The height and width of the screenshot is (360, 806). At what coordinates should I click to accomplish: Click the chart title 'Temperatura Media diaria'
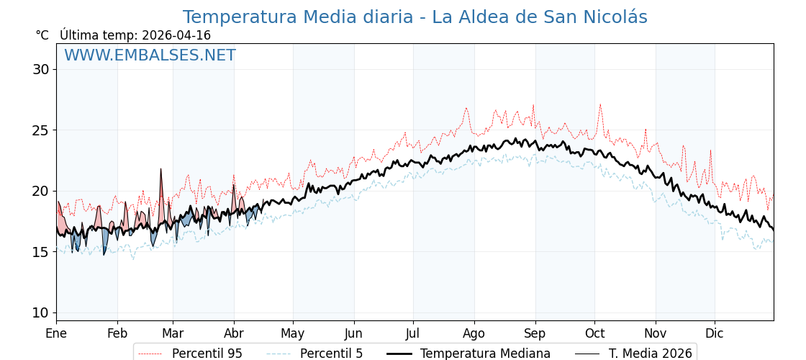[x=415, y=17]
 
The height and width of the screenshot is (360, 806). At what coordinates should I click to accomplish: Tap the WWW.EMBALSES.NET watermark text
[x=150, y=55]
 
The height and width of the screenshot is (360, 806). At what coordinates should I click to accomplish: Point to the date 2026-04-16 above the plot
[x=176, y=35]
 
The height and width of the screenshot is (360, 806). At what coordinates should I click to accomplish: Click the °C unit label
[x=42, y=35]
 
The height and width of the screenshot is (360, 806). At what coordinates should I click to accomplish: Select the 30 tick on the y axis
[x=40, y=70]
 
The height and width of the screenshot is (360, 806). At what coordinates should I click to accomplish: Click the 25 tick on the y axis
[x=40, y=130]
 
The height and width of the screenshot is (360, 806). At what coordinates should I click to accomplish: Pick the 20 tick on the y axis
[x=40, y=191]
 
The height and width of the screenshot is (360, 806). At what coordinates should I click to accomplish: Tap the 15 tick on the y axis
[x=40, y=252]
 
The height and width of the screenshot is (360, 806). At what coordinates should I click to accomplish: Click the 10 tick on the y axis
[x=40, y=312]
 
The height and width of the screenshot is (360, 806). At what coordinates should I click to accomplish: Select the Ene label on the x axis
[x=56, y=333]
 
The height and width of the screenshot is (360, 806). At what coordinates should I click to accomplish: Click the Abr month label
[x=234, y=333]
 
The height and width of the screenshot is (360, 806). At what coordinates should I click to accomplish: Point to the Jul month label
[x=413, y=333]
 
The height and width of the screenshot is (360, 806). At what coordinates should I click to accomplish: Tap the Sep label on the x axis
[x=535, y=333]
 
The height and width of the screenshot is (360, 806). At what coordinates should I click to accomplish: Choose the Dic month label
[x=715, y=333]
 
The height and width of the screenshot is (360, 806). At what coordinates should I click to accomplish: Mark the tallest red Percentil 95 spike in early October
[x=600, y=104]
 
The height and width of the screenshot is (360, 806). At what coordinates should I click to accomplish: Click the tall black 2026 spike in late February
[x=160, y=170]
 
